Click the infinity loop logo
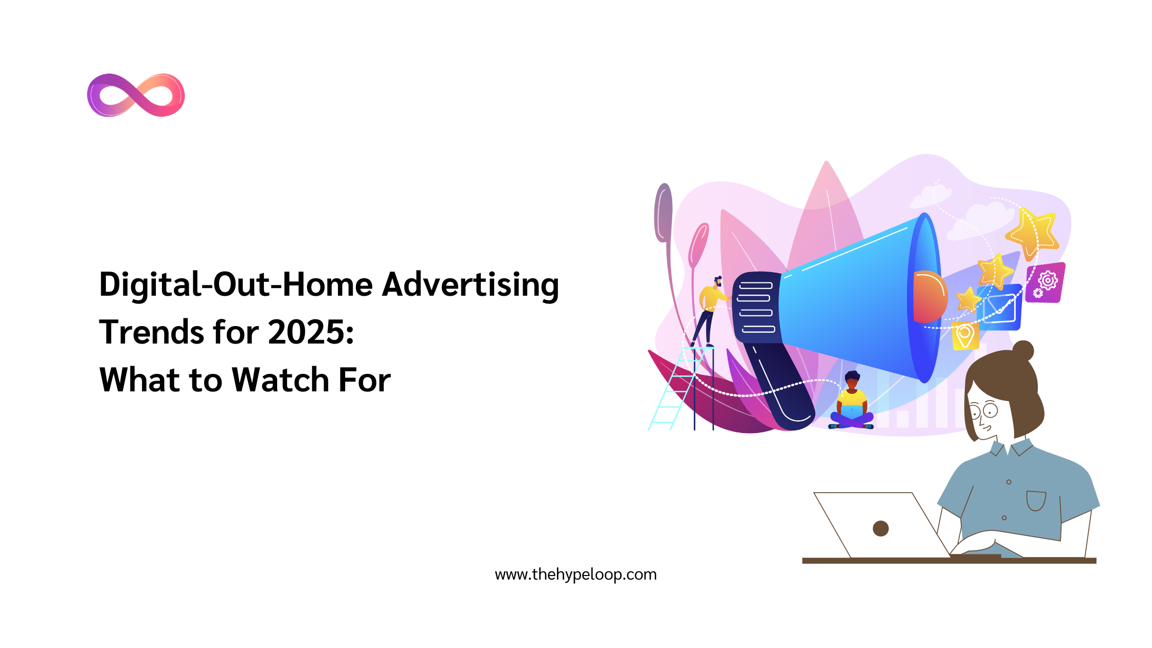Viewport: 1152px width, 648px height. coord(136,95)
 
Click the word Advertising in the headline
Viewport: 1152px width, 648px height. coord(470,285)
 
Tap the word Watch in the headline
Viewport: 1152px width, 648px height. coord(280,380)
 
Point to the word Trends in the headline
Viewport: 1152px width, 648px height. coord(151,332)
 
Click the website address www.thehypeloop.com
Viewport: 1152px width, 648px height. coord(575,574)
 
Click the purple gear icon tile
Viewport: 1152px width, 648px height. coord(1045,283)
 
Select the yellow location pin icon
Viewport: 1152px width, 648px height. coord(965,336)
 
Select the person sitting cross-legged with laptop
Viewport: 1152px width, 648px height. coord(852,404)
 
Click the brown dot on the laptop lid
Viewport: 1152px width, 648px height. coord(880,528)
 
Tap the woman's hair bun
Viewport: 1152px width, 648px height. coord(1023,351)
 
